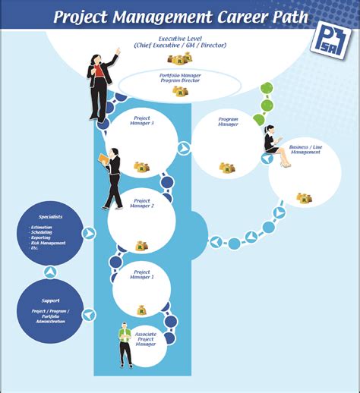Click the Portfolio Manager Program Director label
tap(181, 78)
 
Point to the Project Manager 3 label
tap(143, 121)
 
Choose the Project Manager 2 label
tap(143, 205)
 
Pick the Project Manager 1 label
tap(143, 275)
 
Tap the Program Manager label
tap(228, 121)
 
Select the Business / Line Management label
tap(305, 149)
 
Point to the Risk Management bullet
tap(49, 243)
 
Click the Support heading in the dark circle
tap(50, 300)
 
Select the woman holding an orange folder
tap(112, 178)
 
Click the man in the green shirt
tap(125, 343)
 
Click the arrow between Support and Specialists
tap(50, 272)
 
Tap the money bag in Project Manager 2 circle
tap(141, 246)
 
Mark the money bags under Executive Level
tap(181, 58)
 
